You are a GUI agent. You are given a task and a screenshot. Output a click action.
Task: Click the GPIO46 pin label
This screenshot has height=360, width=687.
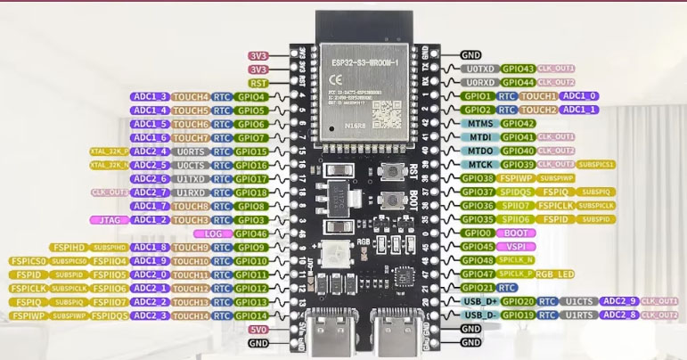click(253, 233)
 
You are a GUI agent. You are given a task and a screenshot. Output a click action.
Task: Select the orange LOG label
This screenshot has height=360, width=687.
click(212, 233)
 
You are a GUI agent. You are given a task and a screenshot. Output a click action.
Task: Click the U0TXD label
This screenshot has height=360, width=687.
click(480, 69)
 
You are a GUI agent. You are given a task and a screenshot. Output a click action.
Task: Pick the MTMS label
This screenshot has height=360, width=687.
click(479, 124)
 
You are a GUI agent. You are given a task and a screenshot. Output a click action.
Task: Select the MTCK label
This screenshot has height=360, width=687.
click(479, 165)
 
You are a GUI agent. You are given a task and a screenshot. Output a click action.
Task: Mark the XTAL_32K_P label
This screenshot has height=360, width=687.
click(109, 151)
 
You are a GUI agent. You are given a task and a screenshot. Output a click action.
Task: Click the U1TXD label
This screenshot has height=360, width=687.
click(192, 178)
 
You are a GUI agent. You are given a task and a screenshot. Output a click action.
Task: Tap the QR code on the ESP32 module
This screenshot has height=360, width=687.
click(387, 113)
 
